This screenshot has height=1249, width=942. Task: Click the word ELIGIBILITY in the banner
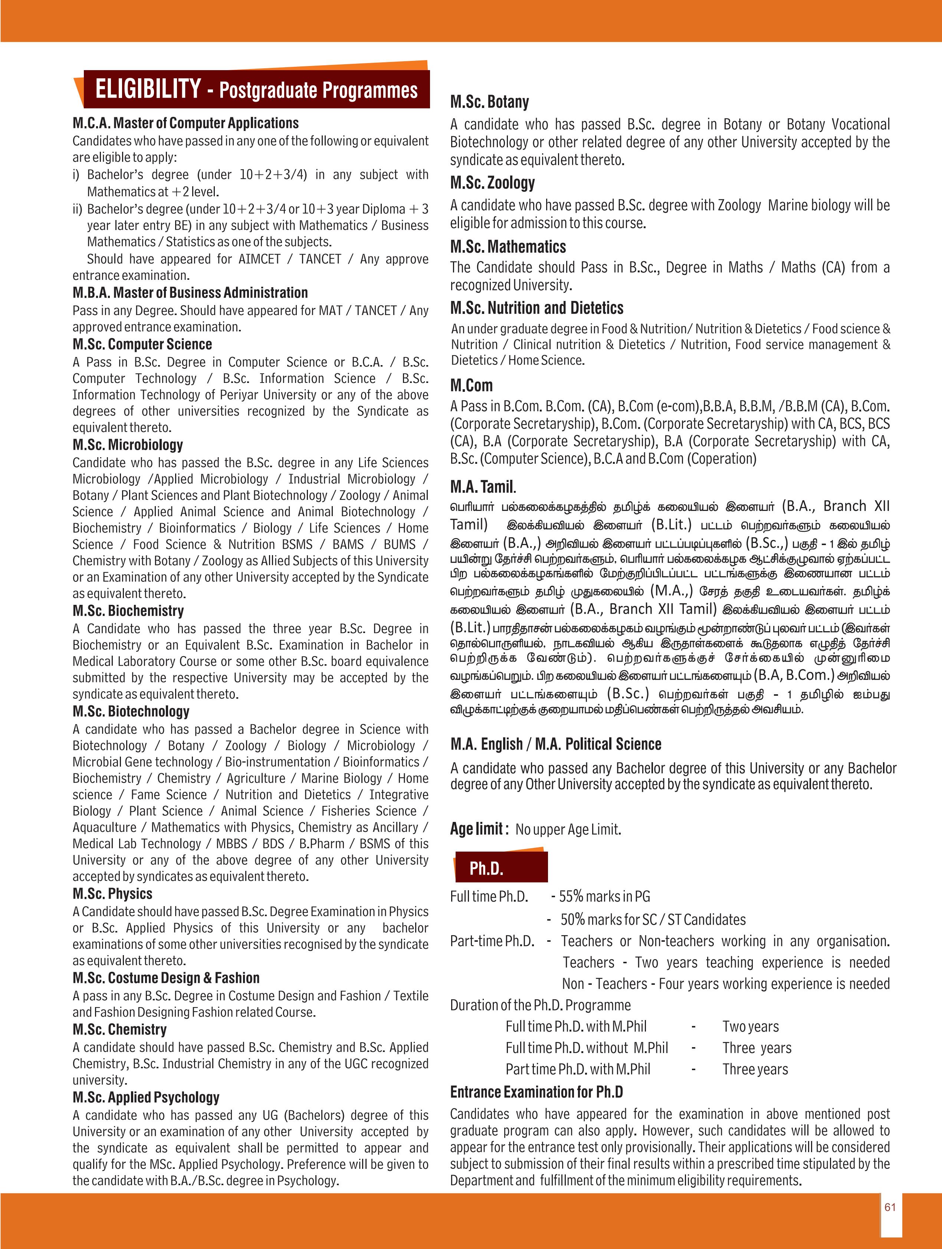tap(148, 89)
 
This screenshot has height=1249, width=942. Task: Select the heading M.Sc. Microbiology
tap(128, 445)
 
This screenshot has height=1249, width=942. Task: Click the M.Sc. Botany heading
tap(489, 102)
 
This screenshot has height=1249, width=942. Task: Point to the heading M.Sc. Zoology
tap(492, 183)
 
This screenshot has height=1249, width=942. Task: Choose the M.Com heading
tap(471, 386)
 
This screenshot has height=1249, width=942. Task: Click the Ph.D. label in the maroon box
tap(486, 868)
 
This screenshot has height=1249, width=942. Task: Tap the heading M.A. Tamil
tap(483, 487)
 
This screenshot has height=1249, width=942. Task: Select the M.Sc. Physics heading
tap(112, 894)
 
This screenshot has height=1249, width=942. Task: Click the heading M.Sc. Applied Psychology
tap(145, 1098)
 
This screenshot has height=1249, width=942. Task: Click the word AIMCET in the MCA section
tap(259, 259)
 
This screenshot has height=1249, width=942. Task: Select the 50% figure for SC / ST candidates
tap(572, 920)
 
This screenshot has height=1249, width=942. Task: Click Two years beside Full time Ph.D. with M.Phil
tap(750, 1026)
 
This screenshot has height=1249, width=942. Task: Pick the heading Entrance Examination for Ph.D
tap(536, 1092)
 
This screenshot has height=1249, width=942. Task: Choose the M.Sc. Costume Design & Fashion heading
tap(166, 978)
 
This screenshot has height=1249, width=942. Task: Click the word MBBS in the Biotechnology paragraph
tap(232, 843)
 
